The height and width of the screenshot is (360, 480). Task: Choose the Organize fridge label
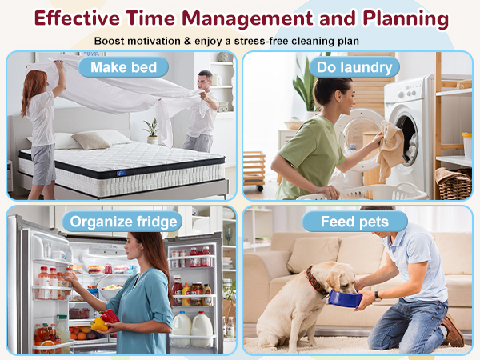[x=124, y=222]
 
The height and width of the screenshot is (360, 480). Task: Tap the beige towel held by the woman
[x=391, y=150]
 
